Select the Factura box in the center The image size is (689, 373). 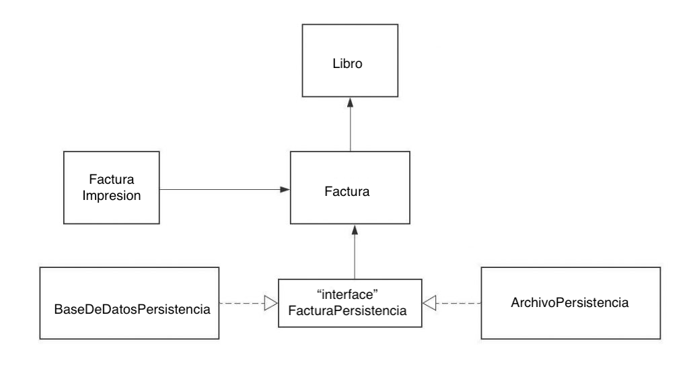tap(350, 191)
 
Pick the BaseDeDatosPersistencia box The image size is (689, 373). tap(129, 303)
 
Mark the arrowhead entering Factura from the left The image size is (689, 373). tap(285, 191)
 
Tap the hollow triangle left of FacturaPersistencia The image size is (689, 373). tap(270, 304)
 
